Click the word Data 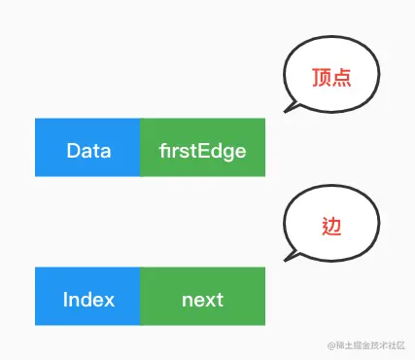(x=87, y=152)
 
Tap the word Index (x=87, y=299)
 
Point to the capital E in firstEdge (x=209, y=152)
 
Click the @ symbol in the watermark (x=330, y=345)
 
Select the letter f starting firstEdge (x=161, y=152)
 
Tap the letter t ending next (x=219, y=300)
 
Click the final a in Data (x=105, y=153)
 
